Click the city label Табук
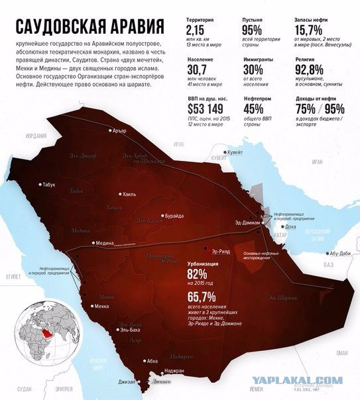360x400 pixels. pos(48,185)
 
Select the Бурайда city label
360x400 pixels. pos(175,216)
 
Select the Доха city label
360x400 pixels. pos(290,226)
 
